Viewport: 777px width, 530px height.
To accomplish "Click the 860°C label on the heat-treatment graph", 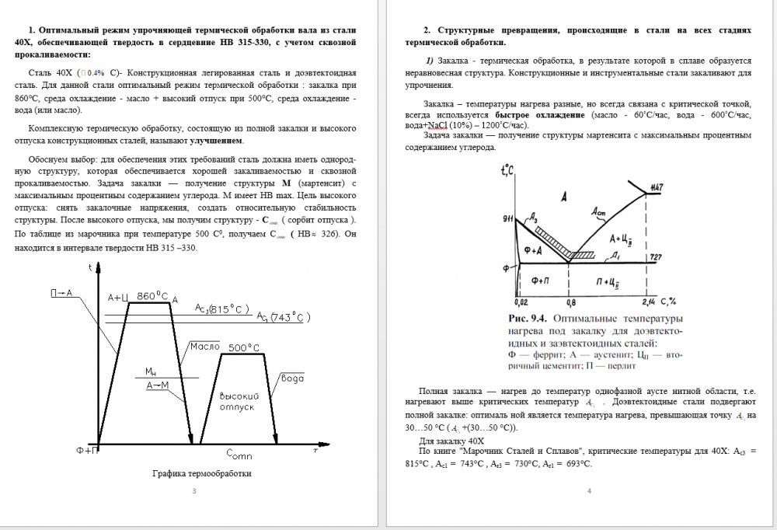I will pos(152,295).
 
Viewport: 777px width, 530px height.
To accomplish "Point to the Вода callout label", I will pos(293,378).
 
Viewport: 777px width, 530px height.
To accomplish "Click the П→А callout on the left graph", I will pos(61,293).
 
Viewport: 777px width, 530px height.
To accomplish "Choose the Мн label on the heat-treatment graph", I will pos(152,371).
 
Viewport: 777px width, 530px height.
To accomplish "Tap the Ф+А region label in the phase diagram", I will pos(532,250).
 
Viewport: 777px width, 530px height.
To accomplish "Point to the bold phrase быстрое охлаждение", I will pos(540,115).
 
